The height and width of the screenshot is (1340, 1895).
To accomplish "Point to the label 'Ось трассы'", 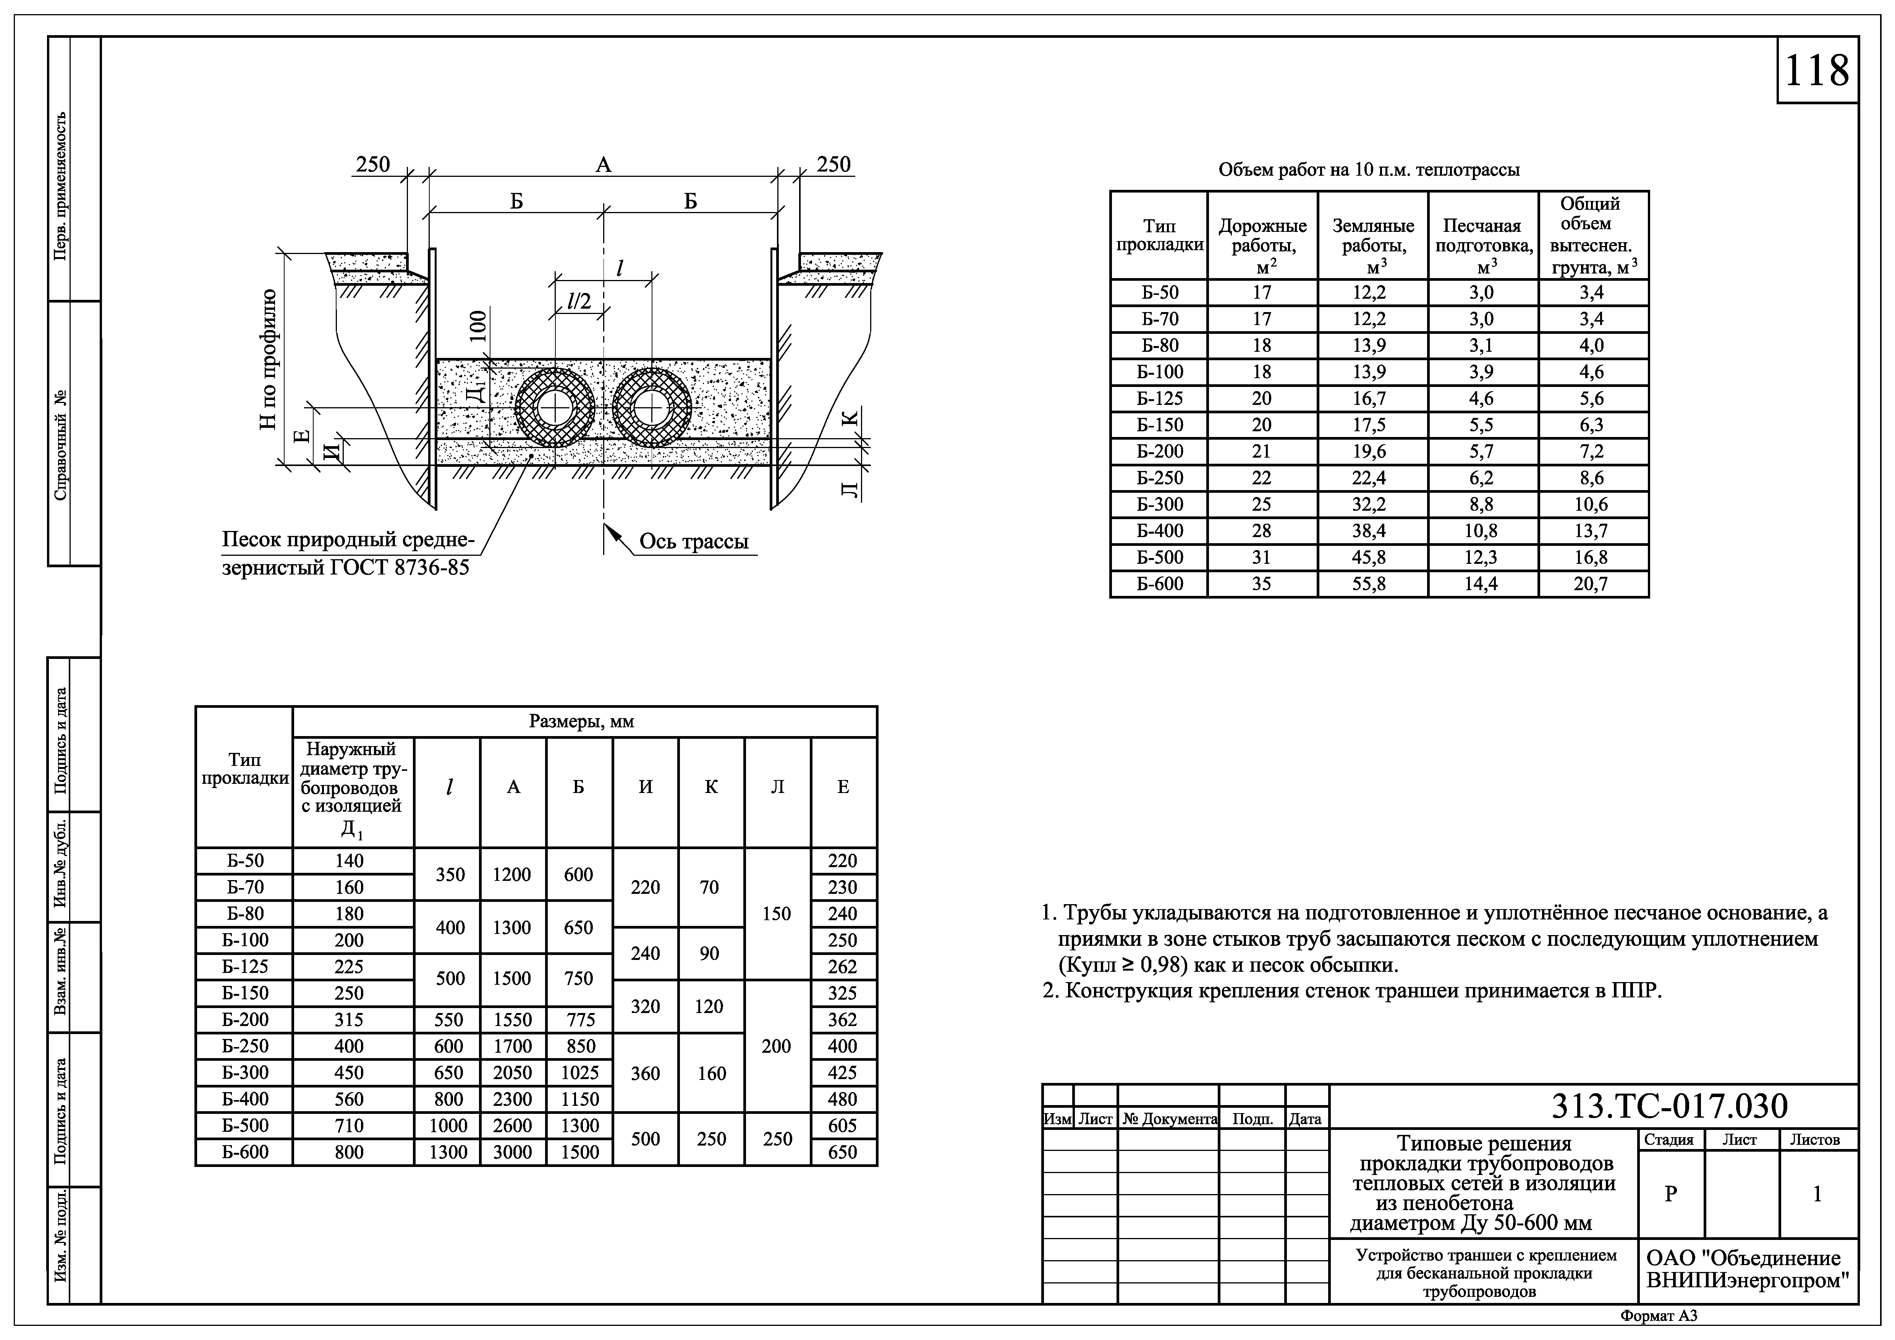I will pos(693,542).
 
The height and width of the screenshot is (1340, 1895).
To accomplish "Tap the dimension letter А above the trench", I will pos(603,165).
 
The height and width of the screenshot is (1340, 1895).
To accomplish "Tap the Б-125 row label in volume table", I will pos(1159,398).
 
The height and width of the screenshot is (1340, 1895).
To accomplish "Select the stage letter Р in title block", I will pos(1670,1194).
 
